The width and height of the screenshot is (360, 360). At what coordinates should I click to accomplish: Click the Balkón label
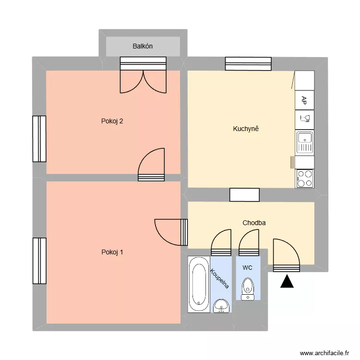tap(143, 47)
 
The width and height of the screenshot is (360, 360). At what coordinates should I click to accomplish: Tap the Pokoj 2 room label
tap(112, 121)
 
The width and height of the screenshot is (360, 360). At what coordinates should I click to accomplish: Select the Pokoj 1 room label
tap(112, 252)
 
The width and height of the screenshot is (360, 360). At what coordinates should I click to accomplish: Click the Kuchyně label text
tap(246, 129)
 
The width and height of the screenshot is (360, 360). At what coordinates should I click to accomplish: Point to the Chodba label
tap(254, 223)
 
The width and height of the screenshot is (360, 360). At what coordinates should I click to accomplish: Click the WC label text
tap(247, 267)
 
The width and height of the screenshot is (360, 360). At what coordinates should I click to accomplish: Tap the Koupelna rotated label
tap(219, 278)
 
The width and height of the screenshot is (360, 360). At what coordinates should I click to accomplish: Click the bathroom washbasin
tap(221, 305)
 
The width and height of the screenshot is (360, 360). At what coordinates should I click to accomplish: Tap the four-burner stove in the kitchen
tap(304, 178)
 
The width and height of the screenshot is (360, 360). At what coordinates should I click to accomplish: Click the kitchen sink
tap(304, 143)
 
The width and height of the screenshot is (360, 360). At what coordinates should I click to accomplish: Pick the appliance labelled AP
tap(304, 100)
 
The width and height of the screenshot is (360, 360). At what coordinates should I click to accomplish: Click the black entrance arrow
tap(287, 282)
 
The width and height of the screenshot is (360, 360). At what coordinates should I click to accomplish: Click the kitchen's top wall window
tap(248, 63)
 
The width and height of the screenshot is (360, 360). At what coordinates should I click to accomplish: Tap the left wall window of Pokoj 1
tap(39, 261)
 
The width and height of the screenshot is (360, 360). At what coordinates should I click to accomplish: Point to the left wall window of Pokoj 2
tap(39, 139)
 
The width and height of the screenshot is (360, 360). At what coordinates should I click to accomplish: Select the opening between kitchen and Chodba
tap(244, 194)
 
